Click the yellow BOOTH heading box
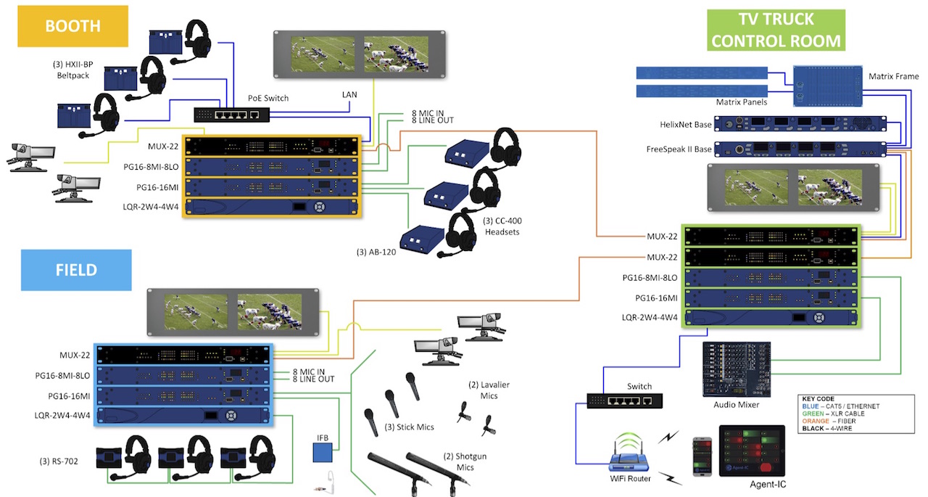73,26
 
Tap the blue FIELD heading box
76,270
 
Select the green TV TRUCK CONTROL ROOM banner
776,30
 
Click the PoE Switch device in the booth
231,115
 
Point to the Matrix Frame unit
828,86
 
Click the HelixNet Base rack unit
800,124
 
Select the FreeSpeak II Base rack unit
800,149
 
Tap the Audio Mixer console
737,369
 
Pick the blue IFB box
323,453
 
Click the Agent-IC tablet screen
752,451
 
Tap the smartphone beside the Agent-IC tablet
703,456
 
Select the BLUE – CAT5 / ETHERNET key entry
840,406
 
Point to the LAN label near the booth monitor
349,94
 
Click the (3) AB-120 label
376,252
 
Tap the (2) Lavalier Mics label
489,390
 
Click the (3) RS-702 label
59,461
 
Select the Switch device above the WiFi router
625,401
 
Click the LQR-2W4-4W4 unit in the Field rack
183,415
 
